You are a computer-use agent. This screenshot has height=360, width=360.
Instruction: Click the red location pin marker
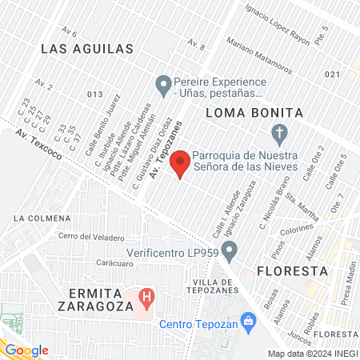pyautogui.click(x=181, y=162)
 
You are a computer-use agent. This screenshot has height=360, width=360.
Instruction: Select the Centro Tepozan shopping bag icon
pyautogui.click(x=248, y=322)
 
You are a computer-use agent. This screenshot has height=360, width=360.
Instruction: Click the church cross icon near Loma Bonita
pyautogui.click(x=279, y=133)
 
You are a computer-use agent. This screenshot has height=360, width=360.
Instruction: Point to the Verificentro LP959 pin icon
pyautogui.click(x=230, y=254)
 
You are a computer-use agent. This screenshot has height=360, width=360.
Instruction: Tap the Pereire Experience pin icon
pyautogui.click(x=163, y=82)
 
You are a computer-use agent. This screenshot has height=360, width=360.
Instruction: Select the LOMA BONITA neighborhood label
pyautogui.click(x=254, y=113)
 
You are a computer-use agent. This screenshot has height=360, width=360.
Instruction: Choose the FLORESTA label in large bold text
pyautogui.click(x=293, y=271)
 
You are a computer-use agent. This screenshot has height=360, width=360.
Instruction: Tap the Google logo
pyautogui.click(x=26, y=350)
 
